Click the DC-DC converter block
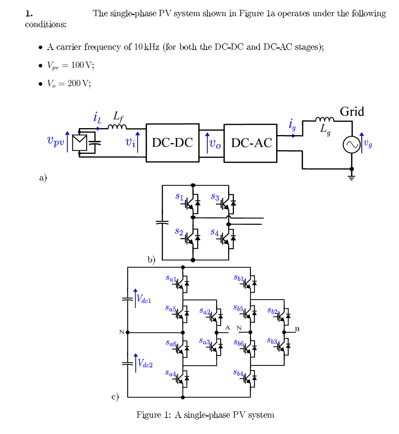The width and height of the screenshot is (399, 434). [172, 143]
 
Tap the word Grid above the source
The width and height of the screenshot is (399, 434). [352, 112]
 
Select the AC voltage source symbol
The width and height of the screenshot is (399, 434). [352, 145]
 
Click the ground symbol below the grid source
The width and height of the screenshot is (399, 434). [352, 178]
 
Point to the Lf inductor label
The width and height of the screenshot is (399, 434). [118, 116]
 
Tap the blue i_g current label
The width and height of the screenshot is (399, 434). [292, 124]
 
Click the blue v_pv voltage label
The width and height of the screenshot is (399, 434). [55, 141]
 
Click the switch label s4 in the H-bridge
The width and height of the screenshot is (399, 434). [215, 232]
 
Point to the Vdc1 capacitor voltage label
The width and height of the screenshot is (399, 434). [144, 299]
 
